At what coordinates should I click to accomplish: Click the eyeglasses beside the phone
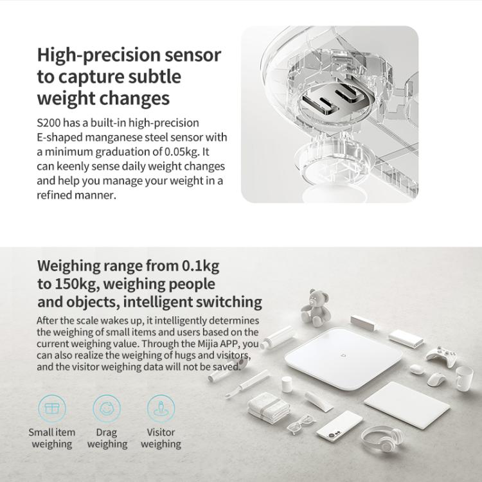click(x=301, y=424)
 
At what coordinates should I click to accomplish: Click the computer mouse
click(x=436, y=380)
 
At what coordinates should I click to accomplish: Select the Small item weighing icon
click(x=52, y=407)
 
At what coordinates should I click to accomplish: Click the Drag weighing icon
click(x=107, y=407)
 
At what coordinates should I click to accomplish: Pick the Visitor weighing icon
click(x=161, y=407)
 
